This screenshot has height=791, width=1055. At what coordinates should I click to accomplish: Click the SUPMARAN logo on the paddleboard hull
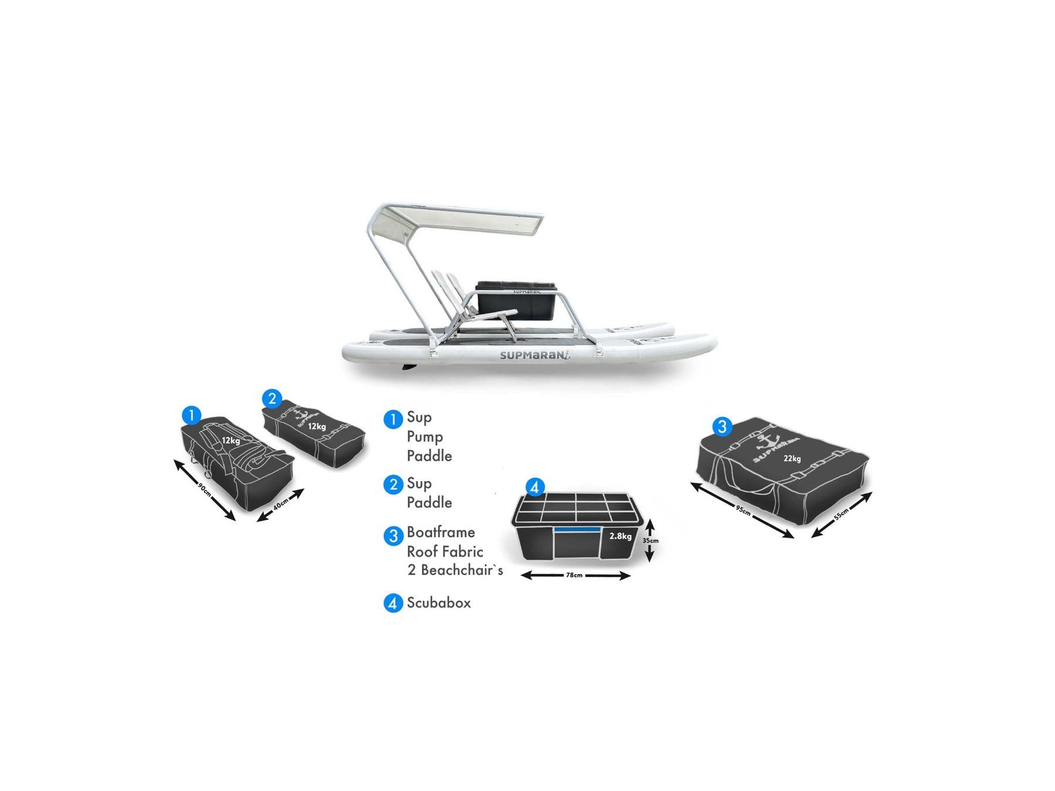click(535, 354)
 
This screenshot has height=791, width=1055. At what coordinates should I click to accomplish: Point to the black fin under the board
click(409, 367)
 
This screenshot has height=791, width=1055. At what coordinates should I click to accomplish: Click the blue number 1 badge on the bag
click(192, 415)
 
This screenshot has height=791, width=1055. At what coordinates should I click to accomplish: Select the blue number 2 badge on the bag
click(272, 399)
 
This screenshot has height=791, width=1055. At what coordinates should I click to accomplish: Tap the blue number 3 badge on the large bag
click(722, 427)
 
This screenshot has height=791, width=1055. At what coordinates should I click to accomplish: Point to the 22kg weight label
click(792, 459)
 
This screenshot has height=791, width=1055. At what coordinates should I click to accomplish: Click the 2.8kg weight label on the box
click(621, 536)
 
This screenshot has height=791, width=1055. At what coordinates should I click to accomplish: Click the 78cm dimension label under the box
click(574, 575)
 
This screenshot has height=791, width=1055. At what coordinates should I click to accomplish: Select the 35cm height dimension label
click(651, 541)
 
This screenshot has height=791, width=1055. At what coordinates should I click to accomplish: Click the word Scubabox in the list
click(439, 602)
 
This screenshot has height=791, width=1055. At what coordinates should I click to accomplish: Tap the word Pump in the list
click(425, 437)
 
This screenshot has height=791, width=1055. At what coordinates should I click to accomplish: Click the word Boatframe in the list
click(441, 532)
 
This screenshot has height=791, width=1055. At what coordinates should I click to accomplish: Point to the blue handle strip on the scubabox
click(577, 529)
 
